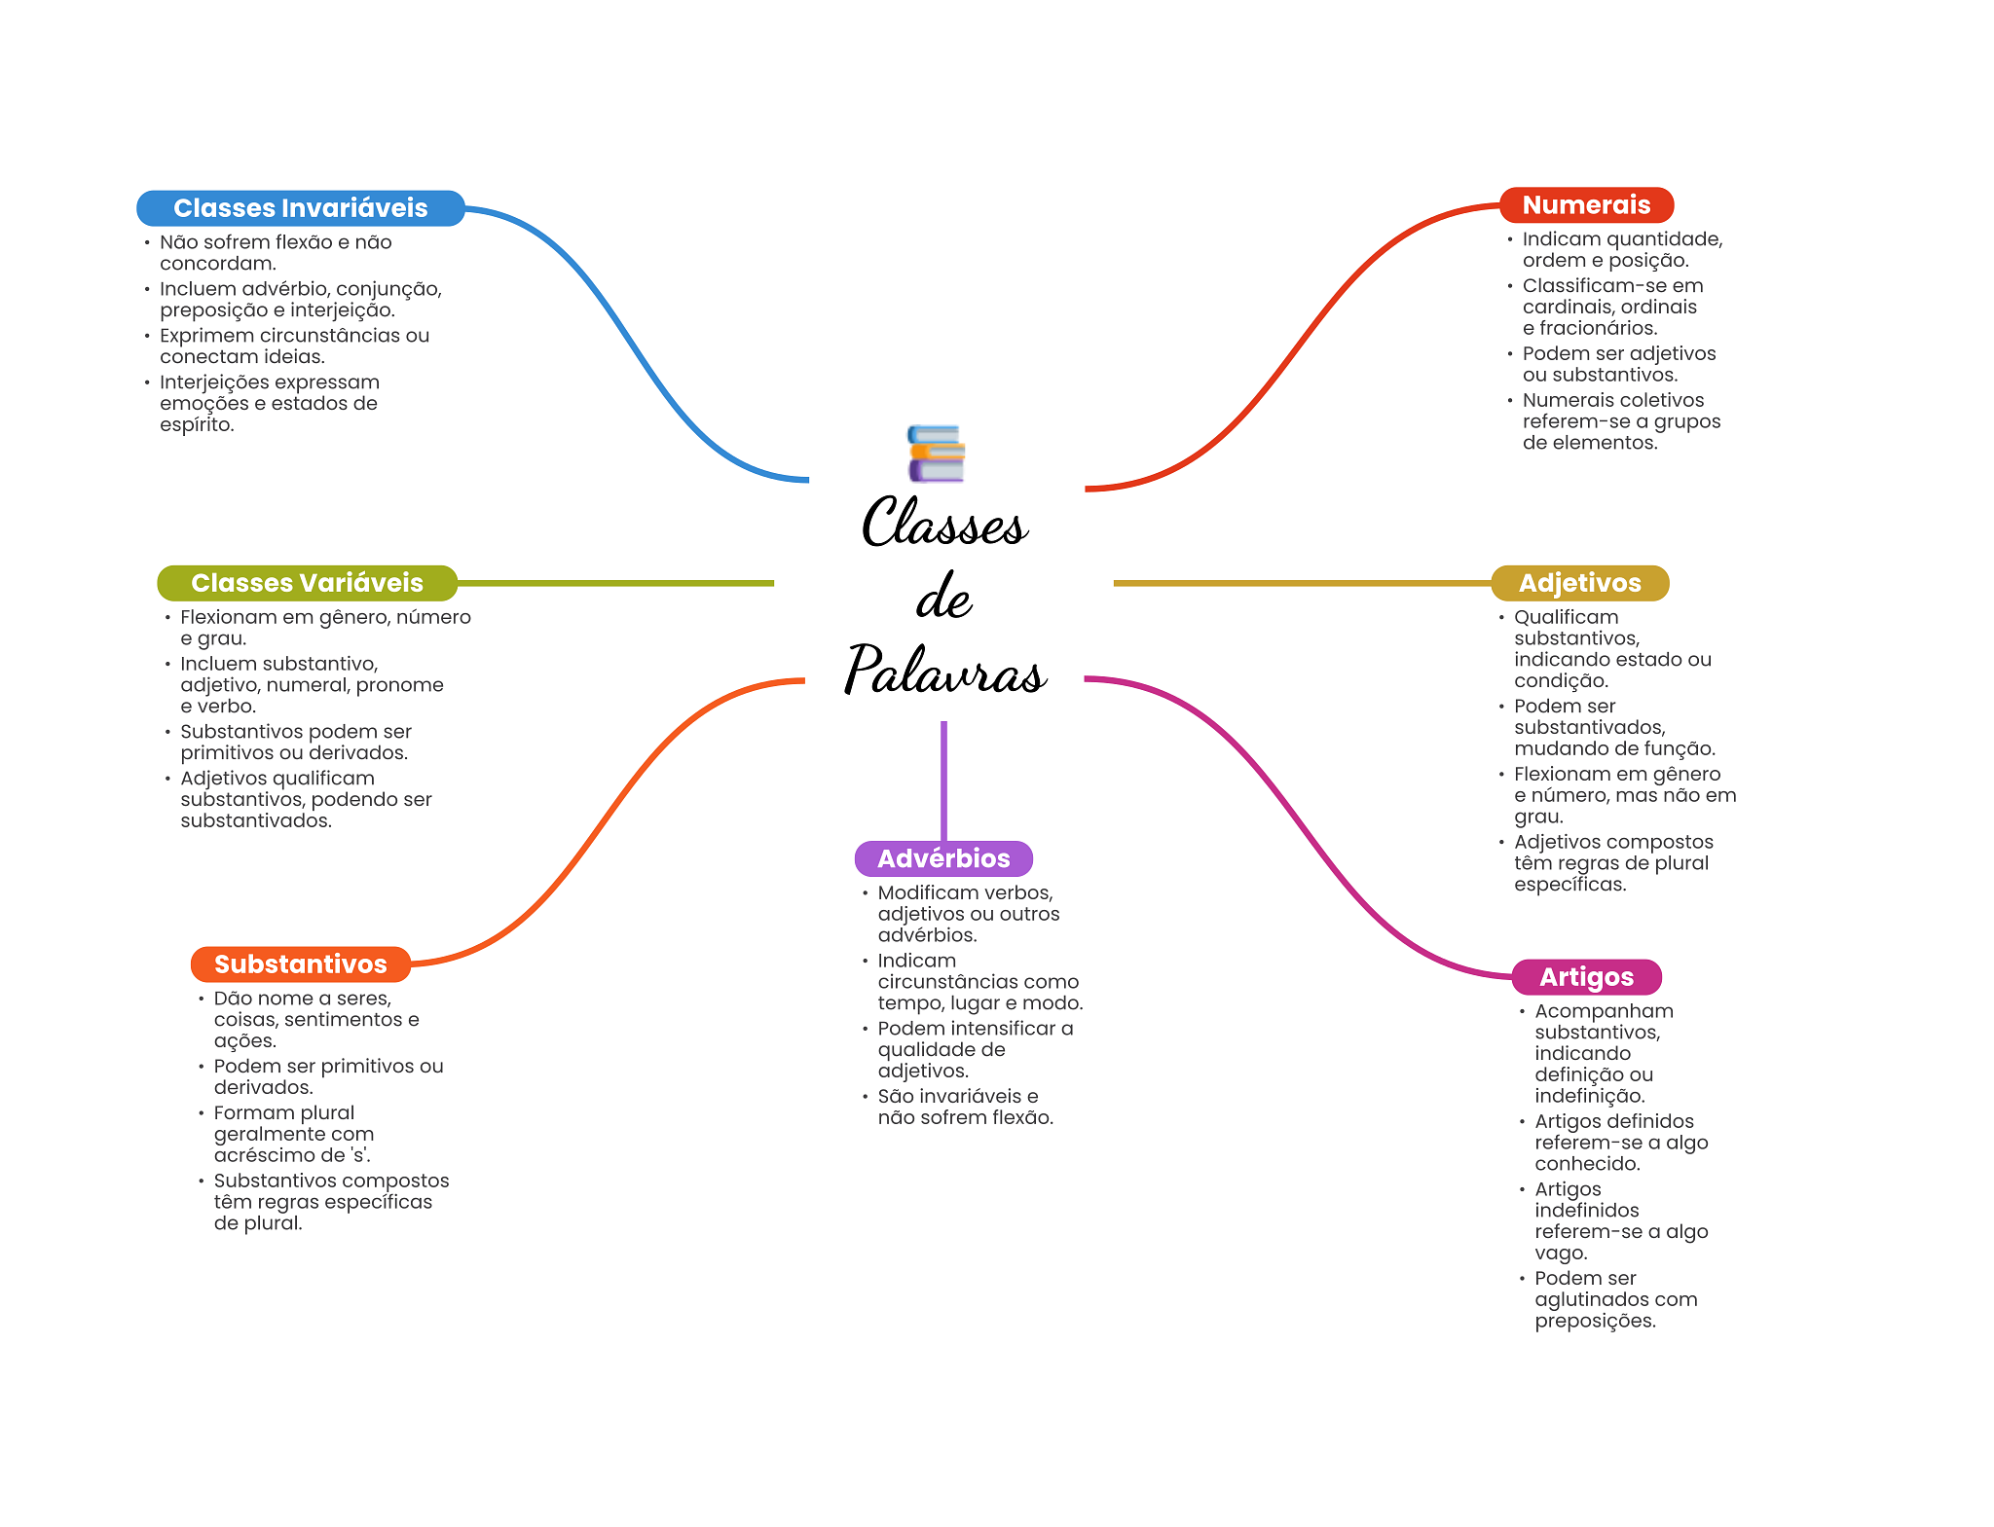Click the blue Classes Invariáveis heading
301,208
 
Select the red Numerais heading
1586,205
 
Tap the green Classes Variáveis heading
307,583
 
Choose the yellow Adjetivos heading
1580,583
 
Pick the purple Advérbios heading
943,858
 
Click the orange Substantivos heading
301,964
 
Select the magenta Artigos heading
1587,977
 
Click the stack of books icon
936,454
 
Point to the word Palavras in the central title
945,670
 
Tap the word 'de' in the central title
944,597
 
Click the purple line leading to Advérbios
943,781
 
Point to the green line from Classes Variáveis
615,583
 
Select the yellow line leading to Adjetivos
1303,583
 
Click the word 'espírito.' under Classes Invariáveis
198,425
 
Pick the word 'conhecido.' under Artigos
1588,1164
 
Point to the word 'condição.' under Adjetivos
1561,681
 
